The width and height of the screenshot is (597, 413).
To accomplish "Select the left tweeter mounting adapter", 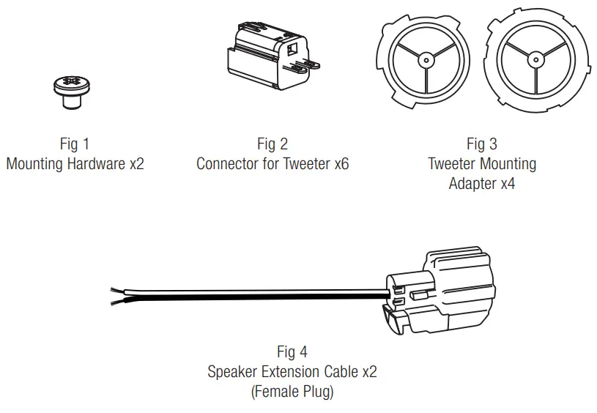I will (x=423, y=61).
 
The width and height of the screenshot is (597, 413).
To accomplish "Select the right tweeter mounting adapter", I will (x=538, y=61).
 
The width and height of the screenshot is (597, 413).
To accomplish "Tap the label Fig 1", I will (x=74, y=144).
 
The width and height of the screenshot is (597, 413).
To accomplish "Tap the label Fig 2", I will (x=272, y=144).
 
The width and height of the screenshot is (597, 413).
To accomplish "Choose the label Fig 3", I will (x=481, y=144).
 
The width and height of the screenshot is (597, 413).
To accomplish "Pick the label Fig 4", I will (x=292, y=352).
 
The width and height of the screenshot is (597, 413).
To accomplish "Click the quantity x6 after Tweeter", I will (x=341, y=163).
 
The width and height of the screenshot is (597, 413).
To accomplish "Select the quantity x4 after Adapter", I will (x=507, y=183).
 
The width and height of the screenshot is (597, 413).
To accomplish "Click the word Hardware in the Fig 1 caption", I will (x=96, y=163).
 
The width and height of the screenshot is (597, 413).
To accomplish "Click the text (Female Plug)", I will (x=292, y=392).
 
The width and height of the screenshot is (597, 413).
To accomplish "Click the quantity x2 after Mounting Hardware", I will (x=136, y=163).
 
